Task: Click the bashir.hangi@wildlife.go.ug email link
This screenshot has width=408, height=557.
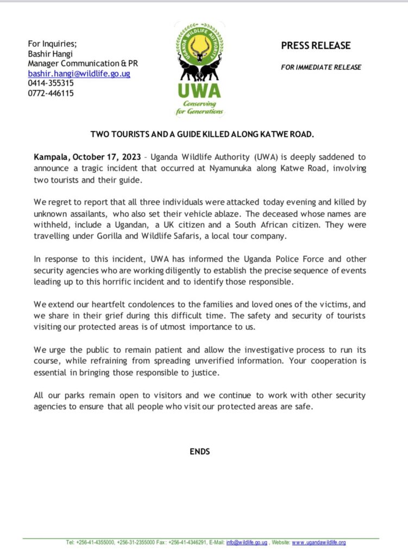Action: (x=79, y=73)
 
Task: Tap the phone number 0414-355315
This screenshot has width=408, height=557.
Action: (x=51, y=83)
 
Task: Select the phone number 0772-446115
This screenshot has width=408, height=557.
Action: (x=51, y=93)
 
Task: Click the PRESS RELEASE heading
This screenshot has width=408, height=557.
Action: (x=316, y=46)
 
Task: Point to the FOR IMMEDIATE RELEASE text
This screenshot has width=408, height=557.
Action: (x=321, y=67)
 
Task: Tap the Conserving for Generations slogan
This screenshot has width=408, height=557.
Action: (x=199, y=108)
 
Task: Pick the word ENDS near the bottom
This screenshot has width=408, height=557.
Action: (x=199, y=451)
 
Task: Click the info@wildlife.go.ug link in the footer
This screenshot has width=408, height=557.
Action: (x=246, y=542)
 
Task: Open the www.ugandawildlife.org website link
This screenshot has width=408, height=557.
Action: (x=319, y=542)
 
